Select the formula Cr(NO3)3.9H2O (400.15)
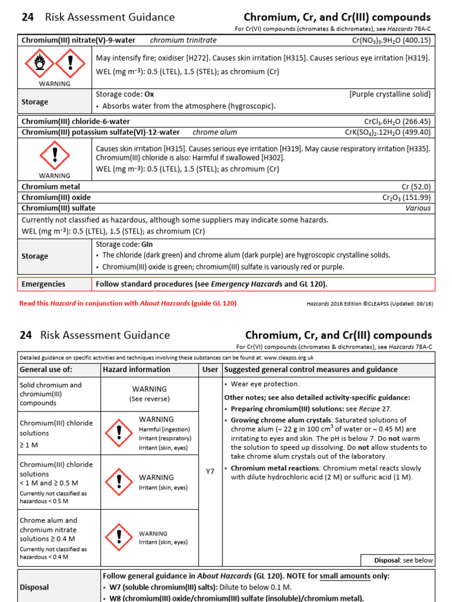tap(391, 41)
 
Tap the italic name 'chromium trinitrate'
tap(183, 41)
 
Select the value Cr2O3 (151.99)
tap(406, 198)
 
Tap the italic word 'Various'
tap(418, 208)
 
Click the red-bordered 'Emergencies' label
tap(44, 284)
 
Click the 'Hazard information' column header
tap(137, 370)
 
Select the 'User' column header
tap(210, 370)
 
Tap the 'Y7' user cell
tap(210, 471)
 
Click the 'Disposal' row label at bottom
tap(35, 587)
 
